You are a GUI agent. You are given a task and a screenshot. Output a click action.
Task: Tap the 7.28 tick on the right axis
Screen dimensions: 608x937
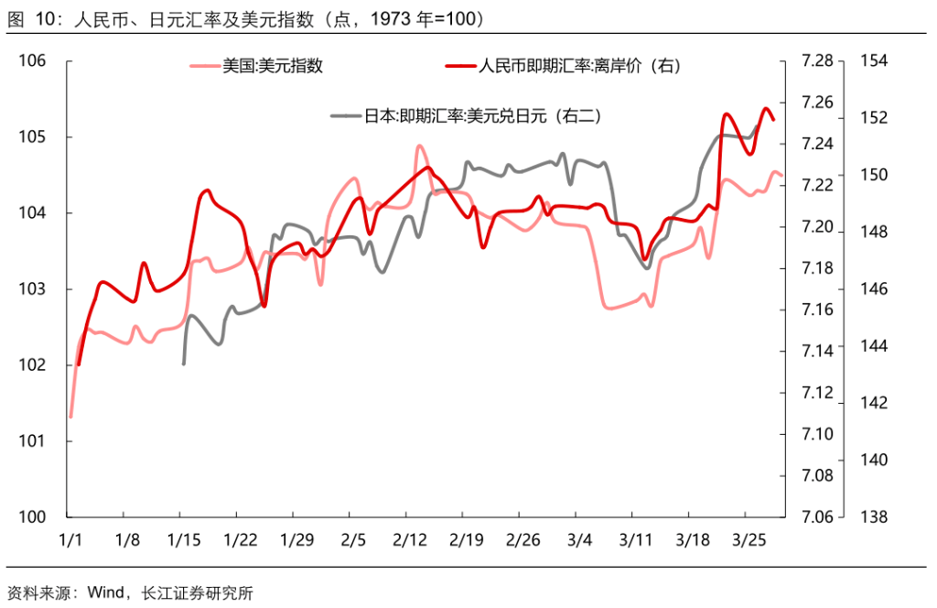pos(816,61)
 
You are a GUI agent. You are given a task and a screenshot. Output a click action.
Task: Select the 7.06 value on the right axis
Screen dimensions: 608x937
pos(816,517)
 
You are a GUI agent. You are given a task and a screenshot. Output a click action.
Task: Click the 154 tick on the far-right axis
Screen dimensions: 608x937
pos(874,61)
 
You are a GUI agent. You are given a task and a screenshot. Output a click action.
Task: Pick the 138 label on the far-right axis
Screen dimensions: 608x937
pos(874,517)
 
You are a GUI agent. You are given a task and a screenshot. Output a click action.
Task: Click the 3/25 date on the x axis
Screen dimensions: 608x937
pos(749,539)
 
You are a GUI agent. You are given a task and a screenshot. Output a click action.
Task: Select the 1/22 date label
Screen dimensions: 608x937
pos(240,539)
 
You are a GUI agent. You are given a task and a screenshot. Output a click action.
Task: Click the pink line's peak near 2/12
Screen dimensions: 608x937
pos(419,146)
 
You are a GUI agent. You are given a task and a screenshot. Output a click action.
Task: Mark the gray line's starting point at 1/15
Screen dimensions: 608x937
pos(184,364)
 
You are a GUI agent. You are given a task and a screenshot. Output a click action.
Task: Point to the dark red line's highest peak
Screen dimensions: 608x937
pos(766,109)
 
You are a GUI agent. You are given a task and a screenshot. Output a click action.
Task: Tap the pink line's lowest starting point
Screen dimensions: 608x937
pos(70,417)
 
